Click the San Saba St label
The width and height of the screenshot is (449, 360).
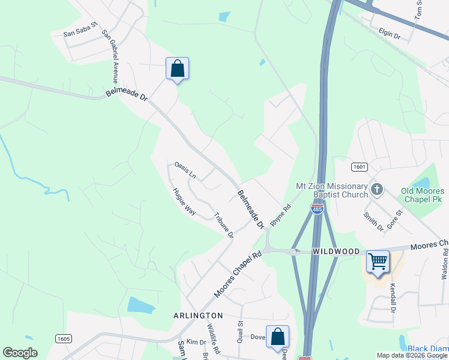tap(80, 34)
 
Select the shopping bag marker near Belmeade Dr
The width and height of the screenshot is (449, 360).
tap(177, 68)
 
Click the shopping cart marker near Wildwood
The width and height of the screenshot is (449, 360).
tap(378, 262)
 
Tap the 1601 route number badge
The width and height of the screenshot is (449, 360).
tap(360, 167)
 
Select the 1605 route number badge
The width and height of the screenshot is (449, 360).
tap(63, 339)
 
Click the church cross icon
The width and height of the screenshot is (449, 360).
tap(376, 190)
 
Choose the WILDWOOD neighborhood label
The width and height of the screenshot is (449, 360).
tap(336, 251)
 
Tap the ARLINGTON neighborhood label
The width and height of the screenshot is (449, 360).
tap(199, 316)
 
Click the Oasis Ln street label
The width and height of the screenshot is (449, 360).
tap(185, 170)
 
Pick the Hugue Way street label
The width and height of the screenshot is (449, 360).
tap(184, 202)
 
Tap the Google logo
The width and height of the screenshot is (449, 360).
tap(20, 353)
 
